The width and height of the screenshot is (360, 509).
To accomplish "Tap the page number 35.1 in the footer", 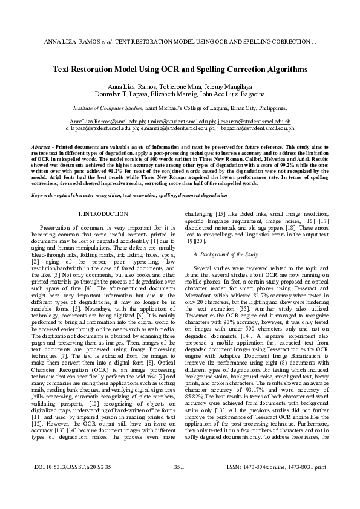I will point(178,484).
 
